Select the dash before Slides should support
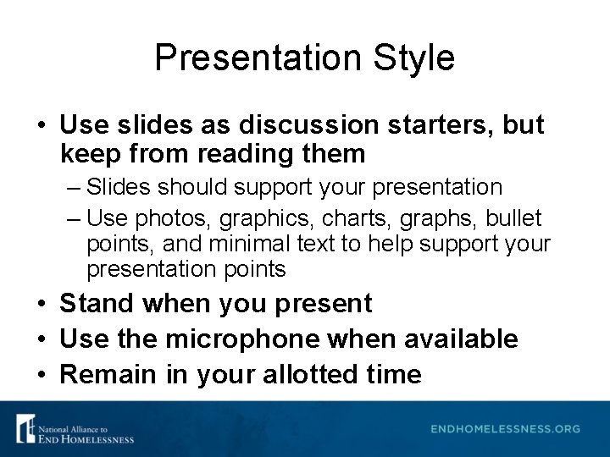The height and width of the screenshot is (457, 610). click(x=74, y=187)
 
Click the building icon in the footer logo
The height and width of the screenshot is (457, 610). click(x=25, y=428)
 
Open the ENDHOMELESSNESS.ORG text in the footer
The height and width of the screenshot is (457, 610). click(x=505, y=429)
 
